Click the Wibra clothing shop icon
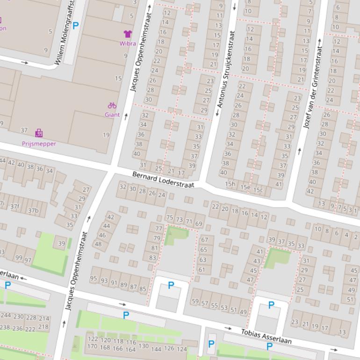[128, 34]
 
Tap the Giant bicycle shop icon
[112, 106]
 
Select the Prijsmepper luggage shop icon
[39, 134]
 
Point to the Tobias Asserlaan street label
[266, 337]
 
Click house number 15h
[230, 184]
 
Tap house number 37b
[33, 210]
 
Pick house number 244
[6, 316]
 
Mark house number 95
[94, 279]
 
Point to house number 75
[170, 218]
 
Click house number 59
[195, 302]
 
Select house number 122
[93, 339]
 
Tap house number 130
[143, 346]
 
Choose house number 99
[19, 258]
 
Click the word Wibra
[128, 43]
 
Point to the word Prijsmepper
[39, 144]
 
